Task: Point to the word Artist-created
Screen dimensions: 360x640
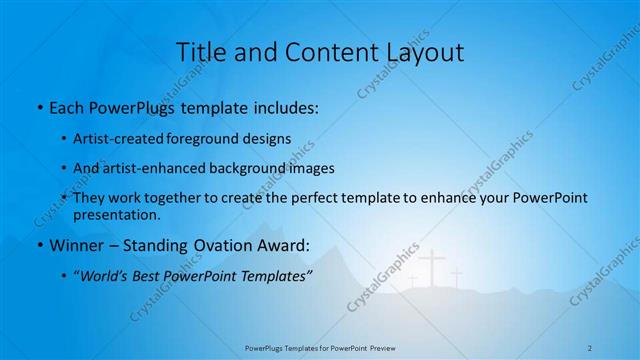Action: coord(118,138)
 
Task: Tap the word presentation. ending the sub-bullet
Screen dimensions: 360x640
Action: coord(116,215)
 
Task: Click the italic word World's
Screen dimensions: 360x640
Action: coord(107,276)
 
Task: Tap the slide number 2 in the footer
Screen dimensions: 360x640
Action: coord(590,347)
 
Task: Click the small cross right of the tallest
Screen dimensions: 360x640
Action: coord(456,276)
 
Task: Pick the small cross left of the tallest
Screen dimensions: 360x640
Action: coord(412,281)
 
